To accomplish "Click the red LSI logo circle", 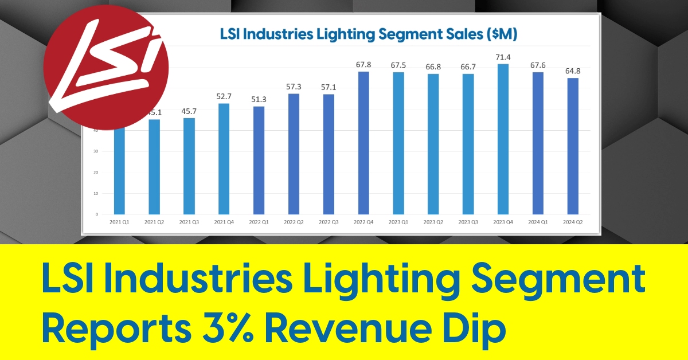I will pos(106,68).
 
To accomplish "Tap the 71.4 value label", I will pos(503,57).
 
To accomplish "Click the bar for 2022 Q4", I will pos(363,143).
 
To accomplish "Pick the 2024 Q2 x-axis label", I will pos(572,221).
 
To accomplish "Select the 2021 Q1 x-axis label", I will pos(119,221).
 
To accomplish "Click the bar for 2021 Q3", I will pos(189,166).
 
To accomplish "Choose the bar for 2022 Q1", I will pos(259,160).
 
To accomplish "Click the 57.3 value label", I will pos(294,87).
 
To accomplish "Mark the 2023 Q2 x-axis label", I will pos(433,221).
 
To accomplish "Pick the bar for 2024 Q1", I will pos(538,143).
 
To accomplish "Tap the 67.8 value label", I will pos(363,65).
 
